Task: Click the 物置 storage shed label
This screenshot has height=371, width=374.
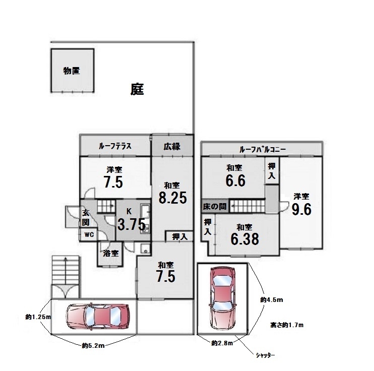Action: [x=72, y=71]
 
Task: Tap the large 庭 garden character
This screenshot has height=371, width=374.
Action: [x=137, y=89]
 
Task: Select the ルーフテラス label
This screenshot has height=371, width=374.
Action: [x=115, y=146]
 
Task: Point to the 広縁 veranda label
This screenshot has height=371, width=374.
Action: [x=172, y=146]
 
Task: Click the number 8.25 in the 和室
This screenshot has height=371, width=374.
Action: [x=173, y=198]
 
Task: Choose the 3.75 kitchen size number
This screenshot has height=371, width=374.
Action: [x=132, y=224]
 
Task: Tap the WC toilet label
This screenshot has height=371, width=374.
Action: [x=89, y=234]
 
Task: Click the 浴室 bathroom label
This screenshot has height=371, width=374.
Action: [x=111, y=253]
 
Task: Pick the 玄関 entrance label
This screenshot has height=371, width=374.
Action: [x=86, y=218]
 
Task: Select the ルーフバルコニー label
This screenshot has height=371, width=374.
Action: [x=263, y=150]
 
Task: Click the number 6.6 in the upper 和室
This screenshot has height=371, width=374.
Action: [x=235, y=180]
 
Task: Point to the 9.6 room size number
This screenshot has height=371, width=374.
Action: [x=302, y=210]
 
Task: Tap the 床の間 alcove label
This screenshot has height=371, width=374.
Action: [x=215, y=206]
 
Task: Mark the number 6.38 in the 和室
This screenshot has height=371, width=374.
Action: [x=245, y=239]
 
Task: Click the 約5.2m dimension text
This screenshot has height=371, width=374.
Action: [x=93, y=345]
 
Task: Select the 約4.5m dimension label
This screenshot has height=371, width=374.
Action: [x=272, y=299]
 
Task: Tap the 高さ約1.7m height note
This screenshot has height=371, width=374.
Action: [x=287, y=325]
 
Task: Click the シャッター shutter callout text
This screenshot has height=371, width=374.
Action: [x=265, y=355]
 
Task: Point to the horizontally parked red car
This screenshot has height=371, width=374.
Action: [x=98, y=317]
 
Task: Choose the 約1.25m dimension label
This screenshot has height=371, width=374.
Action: [x=38, y=317]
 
